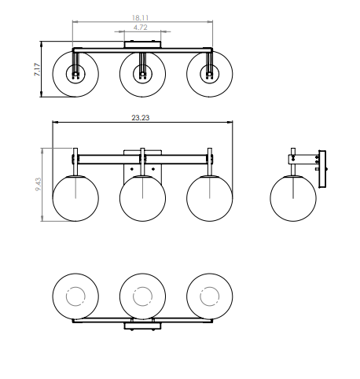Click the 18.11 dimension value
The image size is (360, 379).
140,18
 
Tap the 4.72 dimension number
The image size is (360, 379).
141,28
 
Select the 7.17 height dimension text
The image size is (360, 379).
38,69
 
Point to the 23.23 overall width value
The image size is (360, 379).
141,118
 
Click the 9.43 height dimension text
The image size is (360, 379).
39,184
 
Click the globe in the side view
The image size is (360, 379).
293,198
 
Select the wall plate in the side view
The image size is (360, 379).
322,169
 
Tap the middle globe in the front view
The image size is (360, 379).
142,198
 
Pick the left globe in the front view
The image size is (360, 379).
75,198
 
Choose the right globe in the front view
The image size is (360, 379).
210,198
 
